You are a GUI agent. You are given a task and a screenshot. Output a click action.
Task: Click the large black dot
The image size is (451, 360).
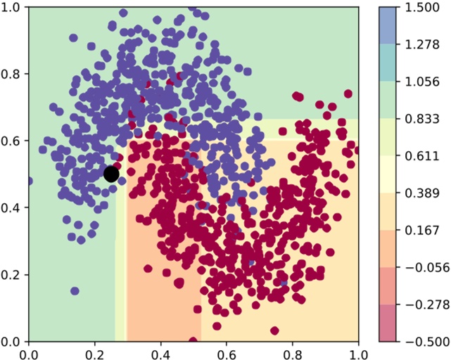(x=111, y=174)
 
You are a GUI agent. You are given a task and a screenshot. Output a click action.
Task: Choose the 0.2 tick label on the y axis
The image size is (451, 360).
(x=12, y=275)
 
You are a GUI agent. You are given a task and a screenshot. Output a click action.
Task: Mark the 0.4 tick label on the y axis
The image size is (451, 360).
(x=12, y=208)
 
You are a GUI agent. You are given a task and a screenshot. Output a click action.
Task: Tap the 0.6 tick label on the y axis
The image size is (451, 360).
(x=12, y=141)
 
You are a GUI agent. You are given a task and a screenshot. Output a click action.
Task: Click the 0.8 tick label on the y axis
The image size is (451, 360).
(x=12, y=75)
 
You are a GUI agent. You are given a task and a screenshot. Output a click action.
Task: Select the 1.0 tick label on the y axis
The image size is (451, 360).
(x=12, y=8)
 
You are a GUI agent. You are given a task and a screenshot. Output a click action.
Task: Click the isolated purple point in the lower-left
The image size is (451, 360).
(x=75, y=291)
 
